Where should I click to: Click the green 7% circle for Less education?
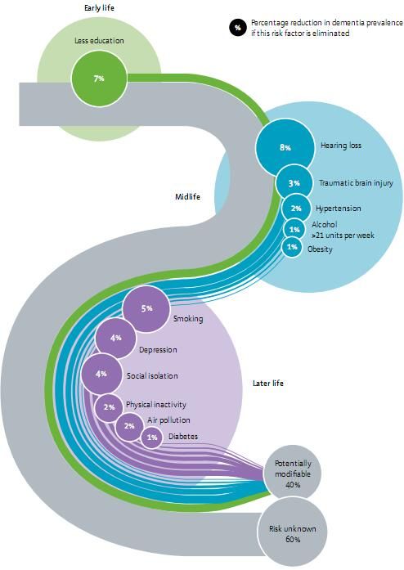pos(99,79)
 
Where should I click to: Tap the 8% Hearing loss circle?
pos(285,147)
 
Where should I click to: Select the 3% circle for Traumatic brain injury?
pos(294,183)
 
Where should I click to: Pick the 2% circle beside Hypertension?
pos(296,209)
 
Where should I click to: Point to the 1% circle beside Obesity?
pos(292,247)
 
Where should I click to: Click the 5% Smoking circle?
pos(146,308)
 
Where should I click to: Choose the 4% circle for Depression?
pos(115,338)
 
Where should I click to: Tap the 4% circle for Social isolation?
pos(101,374)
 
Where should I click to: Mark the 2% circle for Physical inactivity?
pos(109,407)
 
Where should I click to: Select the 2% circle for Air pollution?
pos(129,426)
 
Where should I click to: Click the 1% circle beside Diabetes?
pos(151,438)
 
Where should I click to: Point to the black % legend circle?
pos(238,28)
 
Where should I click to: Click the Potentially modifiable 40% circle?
pos(293,474)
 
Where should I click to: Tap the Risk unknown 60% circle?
pos(292,534)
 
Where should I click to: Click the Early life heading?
pos(99,7)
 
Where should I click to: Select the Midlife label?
pos(187,196)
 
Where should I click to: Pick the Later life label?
pos(268,384)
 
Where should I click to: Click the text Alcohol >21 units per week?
pos(343,230)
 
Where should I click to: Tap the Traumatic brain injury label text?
pos(356,183)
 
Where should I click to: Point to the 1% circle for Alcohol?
pos(294,229)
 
